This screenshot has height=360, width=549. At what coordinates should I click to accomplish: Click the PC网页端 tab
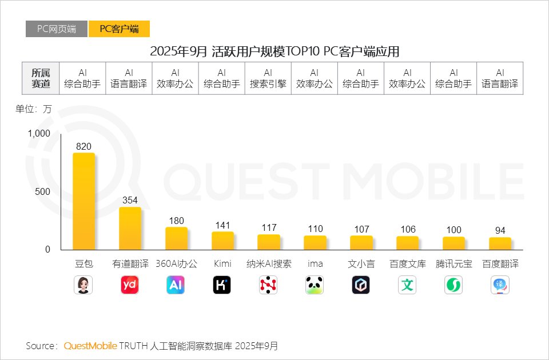[x=57, y=29]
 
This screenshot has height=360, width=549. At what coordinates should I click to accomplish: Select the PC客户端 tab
[x=119, y=29]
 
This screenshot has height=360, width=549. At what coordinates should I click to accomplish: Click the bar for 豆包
[x=83, y=201]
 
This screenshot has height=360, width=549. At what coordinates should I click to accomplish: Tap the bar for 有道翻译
[x=130, y=228]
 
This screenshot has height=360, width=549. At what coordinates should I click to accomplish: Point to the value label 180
[x=176, y=221]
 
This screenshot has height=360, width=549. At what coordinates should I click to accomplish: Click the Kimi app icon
[x=222, y=285]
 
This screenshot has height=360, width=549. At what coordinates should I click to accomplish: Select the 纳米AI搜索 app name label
[x=268, y=264]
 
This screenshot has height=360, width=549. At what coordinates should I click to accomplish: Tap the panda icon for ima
[x=315, y=285]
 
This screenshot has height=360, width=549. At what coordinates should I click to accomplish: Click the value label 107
[x=361, y=229]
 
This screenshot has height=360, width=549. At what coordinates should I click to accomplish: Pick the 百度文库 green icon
[x=407, y=285]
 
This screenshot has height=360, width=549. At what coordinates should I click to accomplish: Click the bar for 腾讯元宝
[x=453, y=243]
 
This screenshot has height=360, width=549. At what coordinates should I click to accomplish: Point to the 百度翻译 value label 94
[x=500, y=230]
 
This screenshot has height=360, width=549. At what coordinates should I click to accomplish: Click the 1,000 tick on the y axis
[x=39, y=133]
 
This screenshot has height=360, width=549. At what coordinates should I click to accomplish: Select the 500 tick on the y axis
[x=43, y=191]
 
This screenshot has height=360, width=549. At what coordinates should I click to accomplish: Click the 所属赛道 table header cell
[x=41, y=78]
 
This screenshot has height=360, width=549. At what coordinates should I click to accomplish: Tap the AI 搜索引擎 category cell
[x=268, y=78]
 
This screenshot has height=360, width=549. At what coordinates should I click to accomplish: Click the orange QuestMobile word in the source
[x=90, y=346]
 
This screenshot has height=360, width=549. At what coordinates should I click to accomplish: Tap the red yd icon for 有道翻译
[x=130, y=285]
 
